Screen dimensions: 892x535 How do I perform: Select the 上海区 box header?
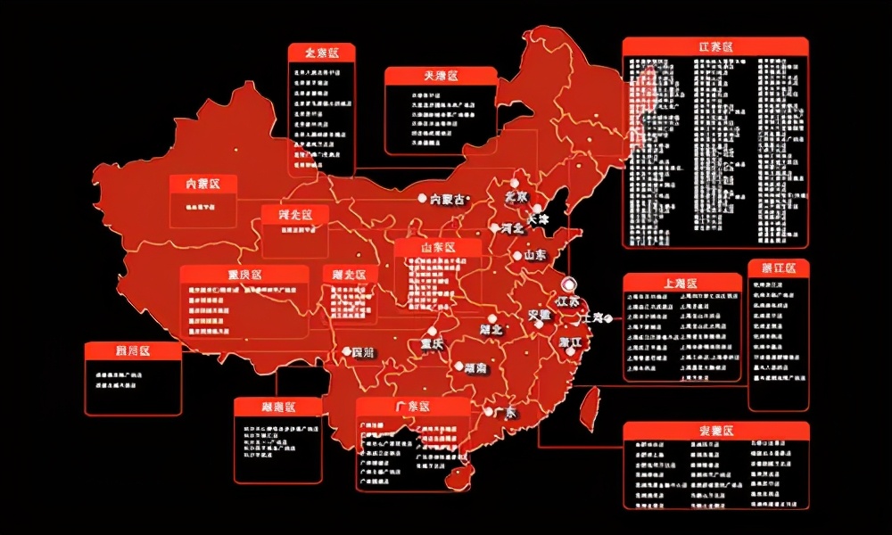[x=681, y=283]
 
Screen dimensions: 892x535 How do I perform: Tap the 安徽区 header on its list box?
[x=715, y=432]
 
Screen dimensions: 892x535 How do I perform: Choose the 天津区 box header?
[x=441, y=77]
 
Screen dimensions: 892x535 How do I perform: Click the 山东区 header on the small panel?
[x=437, y=247]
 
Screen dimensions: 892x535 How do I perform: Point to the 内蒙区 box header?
[x=203, y=184]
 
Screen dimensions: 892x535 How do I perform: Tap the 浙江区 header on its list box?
[x=779, y=267]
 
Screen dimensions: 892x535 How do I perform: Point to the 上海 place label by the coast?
[x=592, y=317]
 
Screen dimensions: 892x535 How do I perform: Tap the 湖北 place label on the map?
[x=515, y=328]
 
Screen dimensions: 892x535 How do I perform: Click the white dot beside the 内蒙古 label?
[x=423, y=198]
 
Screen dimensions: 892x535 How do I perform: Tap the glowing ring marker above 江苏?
[x=569, y=284]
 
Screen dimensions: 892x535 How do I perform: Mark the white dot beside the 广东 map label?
[x=488, y=411]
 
